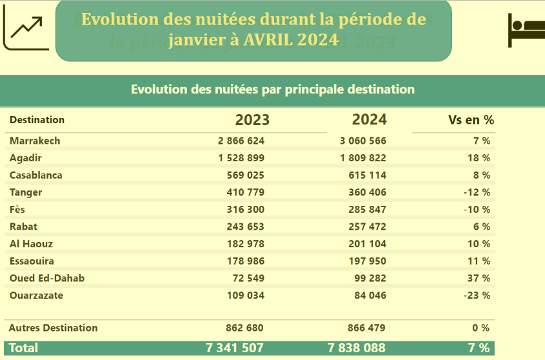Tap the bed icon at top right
(526, 30)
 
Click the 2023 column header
(252, 120)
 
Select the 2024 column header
(369, 119)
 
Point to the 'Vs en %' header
(471, 120)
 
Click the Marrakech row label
(35, 141)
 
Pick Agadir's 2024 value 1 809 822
(362, 158)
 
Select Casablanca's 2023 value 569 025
(246, 175)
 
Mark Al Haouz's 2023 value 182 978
(246, 244)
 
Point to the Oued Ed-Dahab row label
(47, 278)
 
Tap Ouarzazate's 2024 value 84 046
(369, 295)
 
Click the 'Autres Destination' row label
(54, 328)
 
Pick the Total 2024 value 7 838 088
(357, 348)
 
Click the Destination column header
(37, 120)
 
